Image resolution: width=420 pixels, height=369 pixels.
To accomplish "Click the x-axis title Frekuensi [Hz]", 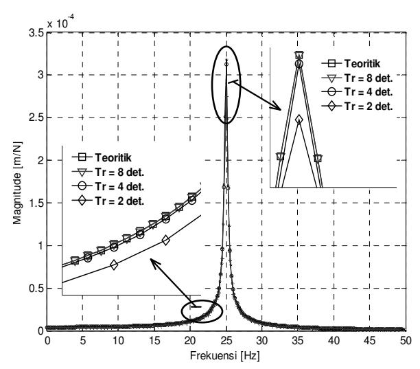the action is click(x=224, y=356).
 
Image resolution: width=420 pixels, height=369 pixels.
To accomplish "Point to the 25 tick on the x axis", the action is click(x=226, y=341).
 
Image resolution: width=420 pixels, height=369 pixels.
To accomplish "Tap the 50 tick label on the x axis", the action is click(x=406, y=341).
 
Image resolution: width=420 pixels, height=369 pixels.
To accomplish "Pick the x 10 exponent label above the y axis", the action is click(x=60, y=22).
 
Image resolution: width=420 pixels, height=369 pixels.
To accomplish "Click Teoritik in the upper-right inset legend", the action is click(x=362, y=63).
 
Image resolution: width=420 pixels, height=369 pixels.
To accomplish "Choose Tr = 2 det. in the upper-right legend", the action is click(x=369, y=107).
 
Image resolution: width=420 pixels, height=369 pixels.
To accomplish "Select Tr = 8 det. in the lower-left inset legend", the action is click(x=119, y=172).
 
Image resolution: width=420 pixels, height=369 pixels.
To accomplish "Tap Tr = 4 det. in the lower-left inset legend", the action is click(x=119, y=187).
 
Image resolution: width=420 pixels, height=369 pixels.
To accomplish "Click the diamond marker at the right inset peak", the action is click(x=299, y=120).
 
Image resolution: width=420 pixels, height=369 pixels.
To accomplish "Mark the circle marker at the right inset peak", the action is click(x=299, y=64).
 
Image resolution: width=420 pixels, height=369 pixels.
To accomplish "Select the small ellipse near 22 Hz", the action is click(x=182, y=311).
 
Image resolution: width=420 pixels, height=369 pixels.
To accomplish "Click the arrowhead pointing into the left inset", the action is click(x=154, y=262).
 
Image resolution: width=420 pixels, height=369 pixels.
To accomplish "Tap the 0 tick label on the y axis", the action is click(x=40, y=331).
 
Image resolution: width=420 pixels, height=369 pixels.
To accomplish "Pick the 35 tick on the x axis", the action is click(x=298, y=341).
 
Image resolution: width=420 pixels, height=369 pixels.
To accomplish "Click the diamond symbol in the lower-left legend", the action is click(x=82, y=201).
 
